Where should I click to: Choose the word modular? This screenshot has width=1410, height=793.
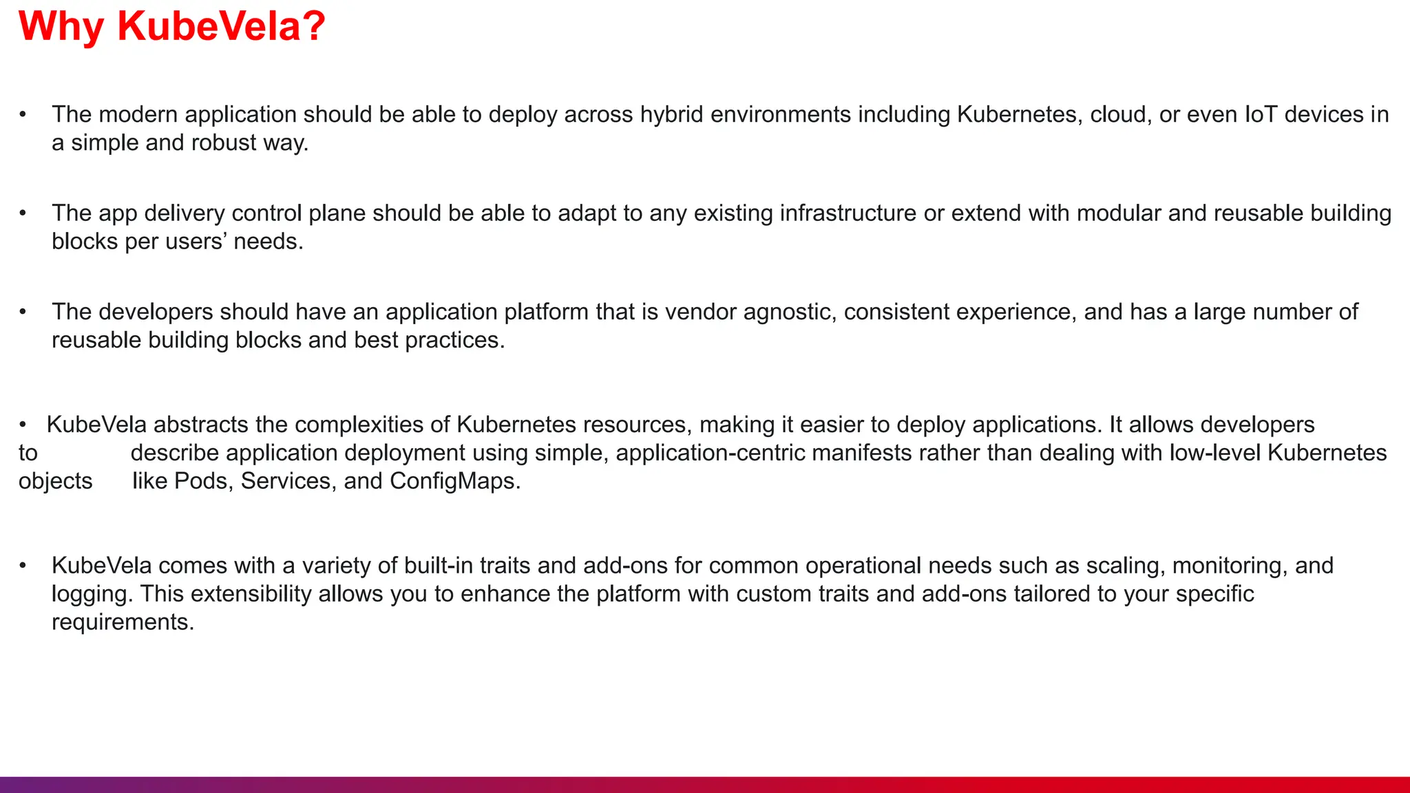1119,213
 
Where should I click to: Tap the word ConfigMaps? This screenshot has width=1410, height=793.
454,481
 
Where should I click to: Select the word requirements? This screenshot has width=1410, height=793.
123,622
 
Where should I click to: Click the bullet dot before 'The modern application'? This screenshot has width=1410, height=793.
23,114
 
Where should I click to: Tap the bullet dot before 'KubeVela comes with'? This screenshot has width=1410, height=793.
23,566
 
